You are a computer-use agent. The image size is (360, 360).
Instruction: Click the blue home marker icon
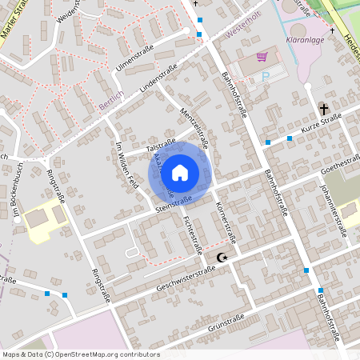tap(180, 172)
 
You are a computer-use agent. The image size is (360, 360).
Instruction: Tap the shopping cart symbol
tap(261, 57)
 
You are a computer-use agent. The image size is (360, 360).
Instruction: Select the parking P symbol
tap(266, 77)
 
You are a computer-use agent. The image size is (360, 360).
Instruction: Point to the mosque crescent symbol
tap(222, 257)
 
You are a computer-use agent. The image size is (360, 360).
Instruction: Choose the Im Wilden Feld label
tap(127, 165)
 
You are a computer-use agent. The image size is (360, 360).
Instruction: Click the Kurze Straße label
tap(321, 125)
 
